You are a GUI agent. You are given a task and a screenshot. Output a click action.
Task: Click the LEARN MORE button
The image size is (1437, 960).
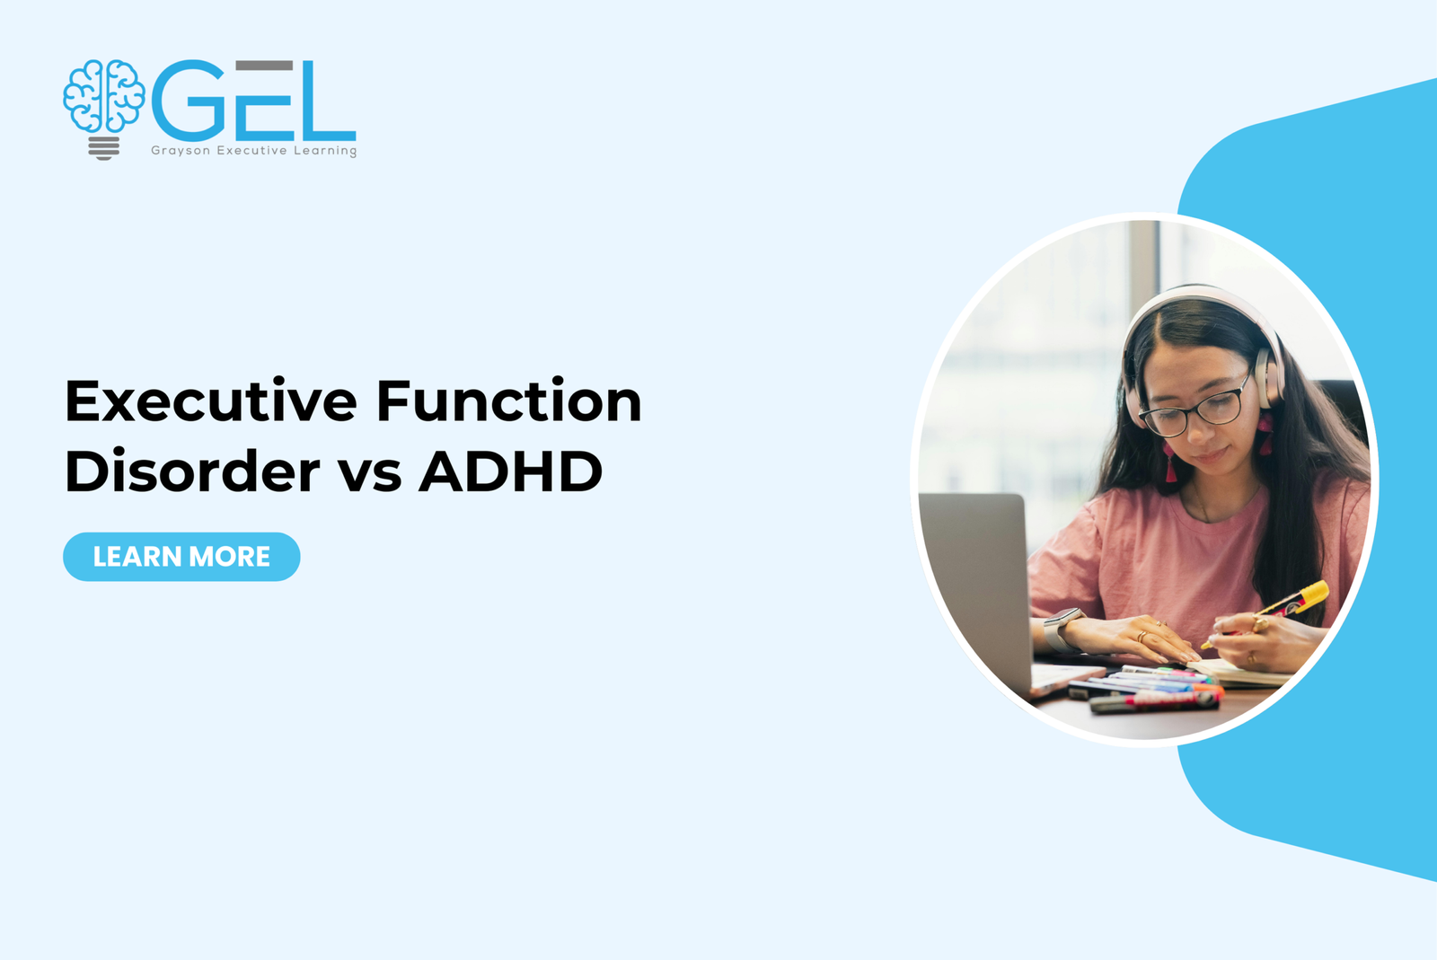coord(181,557)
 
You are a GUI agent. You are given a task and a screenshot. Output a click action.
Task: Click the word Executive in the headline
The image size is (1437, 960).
coord(211,401)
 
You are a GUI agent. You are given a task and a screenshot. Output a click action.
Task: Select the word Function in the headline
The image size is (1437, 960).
coord(508,401)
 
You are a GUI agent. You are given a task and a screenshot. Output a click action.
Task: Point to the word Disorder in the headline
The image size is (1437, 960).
coord(192,471)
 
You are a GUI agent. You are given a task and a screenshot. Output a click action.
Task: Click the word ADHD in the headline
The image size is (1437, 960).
coord(510,471)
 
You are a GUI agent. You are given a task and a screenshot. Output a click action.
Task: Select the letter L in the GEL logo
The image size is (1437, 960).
coord(327,101)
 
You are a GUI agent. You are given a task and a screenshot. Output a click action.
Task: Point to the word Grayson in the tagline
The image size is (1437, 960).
coord(181,151)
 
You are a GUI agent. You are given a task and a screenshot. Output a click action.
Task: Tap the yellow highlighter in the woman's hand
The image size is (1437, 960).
coord(1293,602)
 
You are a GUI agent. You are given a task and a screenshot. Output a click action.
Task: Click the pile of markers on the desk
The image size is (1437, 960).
coord(1150,690)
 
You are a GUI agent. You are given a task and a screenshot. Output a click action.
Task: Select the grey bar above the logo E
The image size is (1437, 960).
coord(264,66)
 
